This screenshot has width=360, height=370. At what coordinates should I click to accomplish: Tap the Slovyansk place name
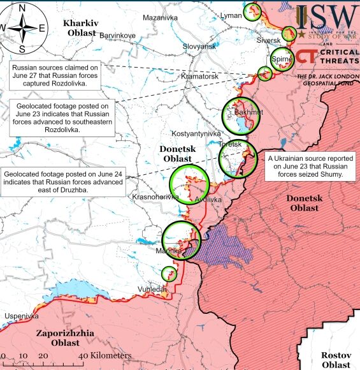(199, 46)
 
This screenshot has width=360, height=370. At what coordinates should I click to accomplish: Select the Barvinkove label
(117, 35)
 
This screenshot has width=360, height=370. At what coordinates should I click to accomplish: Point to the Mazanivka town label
(160, 17)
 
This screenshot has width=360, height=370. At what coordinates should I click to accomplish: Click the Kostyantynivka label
(196, 133)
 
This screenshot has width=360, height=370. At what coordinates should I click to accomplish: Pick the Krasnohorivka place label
(155, 198)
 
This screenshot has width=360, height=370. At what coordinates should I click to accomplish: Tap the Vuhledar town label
(151, 289)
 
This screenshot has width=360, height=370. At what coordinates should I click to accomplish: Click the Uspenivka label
(21, 316)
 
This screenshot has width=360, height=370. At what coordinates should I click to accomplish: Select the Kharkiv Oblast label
(79, 27)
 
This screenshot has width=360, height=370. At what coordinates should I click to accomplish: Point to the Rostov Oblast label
(335, 359)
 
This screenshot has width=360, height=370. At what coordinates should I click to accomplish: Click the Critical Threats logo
(328, 56)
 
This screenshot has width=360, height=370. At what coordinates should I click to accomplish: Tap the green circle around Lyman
(253, 11)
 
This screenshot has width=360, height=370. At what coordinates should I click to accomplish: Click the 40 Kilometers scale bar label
(107, 355)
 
